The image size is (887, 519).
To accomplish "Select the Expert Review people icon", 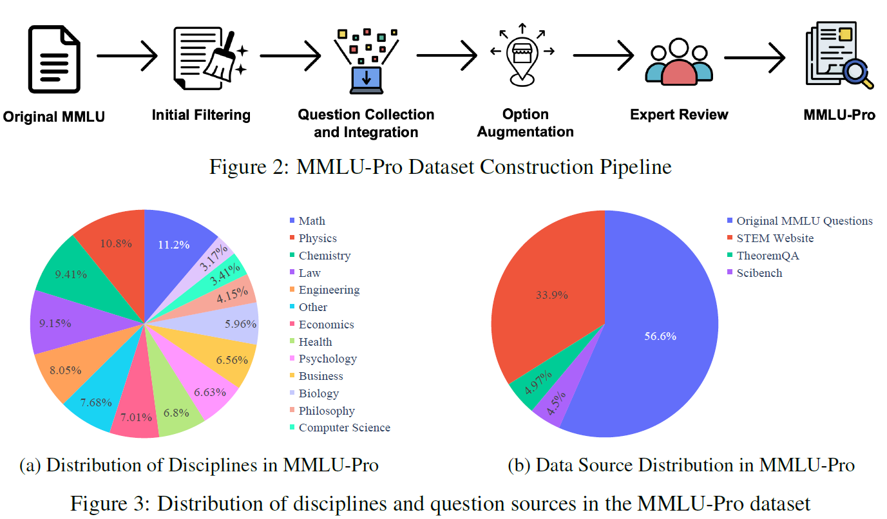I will point(679,63).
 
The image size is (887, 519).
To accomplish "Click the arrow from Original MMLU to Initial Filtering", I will point(127,56).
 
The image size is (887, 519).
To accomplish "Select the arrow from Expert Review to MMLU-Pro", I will point(754,56).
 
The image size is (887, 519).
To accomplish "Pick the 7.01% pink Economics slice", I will point(136,417).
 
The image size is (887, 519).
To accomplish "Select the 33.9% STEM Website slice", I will point(553,295).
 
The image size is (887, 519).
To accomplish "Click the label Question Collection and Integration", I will point(366,123).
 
